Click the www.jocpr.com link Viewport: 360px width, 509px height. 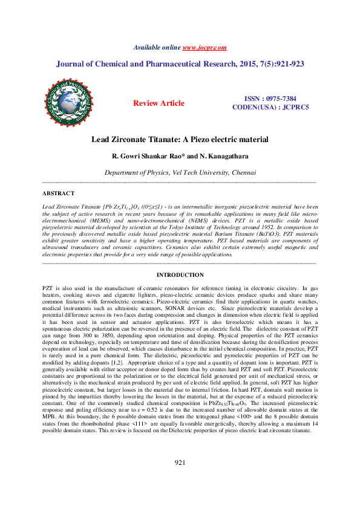[204, 47]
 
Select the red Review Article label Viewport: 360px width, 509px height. [159, 103]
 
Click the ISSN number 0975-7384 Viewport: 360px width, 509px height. [278, 98]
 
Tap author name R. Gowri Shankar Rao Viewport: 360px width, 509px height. [148, 156]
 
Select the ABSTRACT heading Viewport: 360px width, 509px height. [58, 193]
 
